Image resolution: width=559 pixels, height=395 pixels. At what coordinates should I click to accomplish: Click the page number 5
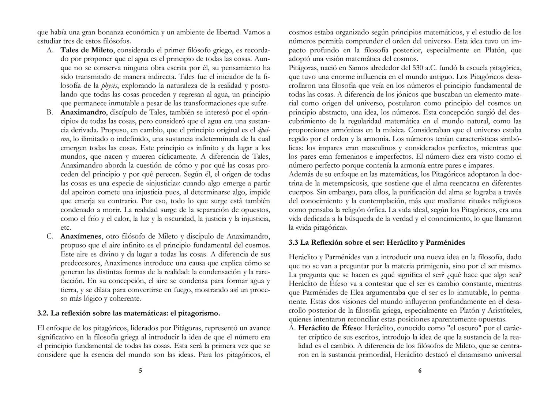[x=140, y=370]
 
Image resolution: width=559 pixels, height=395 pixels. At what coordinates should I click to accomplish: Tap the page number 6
[x=420, y=370]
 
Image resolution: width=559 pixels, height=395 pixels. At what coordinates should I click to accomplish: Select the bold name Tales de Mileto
[x=87, y=50]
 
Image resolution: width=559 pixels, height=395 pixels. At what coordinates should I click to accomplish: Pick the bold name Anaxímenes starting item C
[x=81, y=236]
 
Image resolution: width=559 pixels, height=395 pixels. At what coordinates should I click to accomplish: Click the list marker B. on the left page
[x=50, y=112]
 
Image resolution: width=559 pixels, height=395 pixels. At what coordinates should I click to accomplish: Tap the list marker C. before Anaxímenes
[x=50, y=236]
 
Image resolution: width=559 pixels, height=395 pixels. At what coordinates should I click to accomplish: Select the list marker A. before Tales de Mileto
[x=50, y=50]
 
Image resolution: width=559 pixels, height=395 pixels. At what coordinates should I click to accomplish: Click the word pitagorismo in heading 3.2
[x=198, y=313]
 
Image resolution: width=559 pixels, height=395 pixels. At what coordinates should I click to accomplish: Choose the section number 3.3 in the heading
[x=293, y=242]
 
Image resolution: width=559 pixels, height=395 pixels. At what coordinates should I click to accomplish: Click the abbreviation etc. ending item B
[x=66, y=227]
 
